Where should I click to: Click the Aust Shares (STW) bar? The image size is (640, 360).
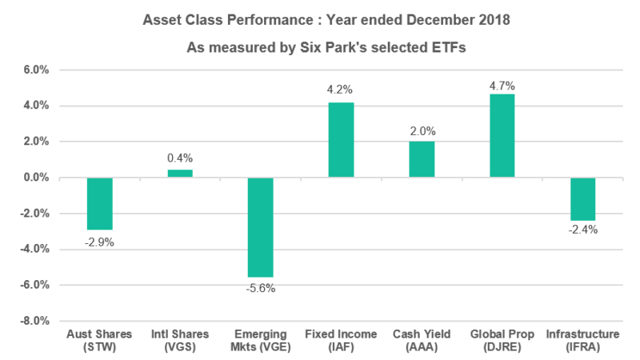99,203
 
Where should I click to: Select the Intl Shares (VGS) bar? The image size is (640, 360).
180,173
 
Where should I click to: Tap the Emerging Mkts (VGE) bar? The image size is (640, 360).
261,227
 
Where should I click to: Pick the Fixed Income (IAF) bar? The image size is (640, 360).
341,140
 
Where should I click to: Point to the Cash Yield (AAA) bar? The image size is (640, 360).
422,159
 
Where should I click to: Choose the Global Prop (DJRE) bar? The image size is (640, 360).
502,135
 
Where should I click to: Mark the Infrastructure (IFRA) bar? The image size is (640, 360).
582,198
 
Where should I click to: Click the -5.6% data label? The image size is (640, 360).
261,289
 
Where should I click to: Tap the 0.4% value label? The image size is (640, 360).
180,158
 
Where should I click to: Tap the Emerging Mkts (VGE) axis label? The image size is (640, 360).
261,338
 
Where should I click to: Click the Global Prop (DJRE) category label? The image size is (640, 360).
502,338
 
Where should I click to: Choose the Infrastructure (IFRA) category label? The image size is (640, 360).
582,338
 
